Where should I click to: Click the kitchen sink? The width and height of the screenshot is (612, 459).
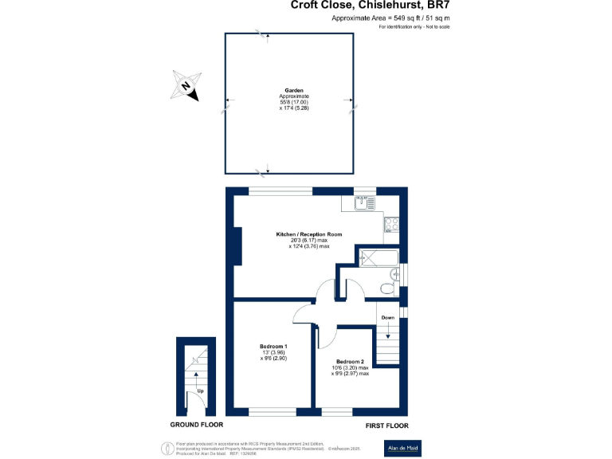(x=364, y=203)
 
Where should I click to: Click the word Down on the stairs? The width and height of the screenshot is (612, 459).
(x=387, y=318)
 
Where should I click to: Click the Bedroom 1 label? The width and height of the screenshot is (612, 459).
(x=273, y=346)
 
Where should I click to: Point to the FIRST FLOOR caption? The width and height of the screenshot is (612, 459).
(x=387, y=426)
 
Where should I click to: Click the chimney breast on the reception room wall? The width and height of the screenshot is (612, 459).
(x=237, y=245)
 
